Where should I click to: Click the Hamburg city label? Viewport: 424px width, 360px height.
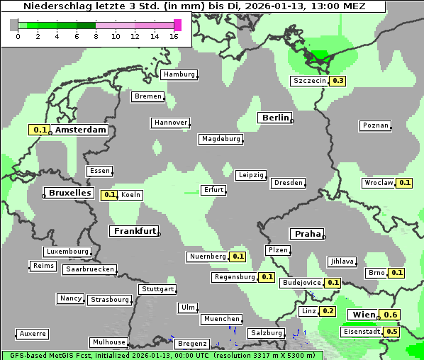coord(179,74)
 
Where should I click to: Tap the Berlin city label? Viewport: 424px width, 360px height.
coord(275,118)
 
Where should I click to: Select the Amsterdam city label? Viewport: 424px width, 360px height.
coord(80,130)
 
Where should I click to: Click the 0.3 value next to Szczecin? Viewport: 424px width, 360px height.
coord(338,81)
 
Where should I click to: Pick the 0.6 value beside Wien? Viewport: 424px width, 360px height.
coord(391,315)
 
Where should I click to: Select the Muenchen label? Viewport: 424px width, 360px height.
coord(221,319)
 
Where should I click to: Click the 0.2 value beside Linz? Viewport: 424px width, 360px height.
coord(328,311)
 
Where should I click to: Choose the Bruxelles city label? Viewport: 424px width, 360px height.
coord(69,192)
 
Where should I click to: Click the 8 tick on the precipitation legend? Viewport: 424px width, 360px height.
coord(96,36)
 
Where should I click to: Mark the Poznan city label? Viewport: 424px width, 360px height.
coord(376,125)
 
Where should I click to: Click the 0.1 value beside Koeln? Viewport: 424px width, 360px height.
coord(109,195)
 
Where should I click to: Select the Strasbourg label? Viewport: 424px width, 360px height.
coord(110,300)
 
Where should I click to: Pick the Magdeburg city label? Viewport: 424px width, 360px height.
coord(221,139)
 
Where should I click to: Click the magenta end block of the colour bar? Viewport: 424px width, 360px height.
coord(177,25)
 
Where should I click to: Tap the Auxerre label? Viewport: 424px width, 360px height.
coord(33,333)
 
